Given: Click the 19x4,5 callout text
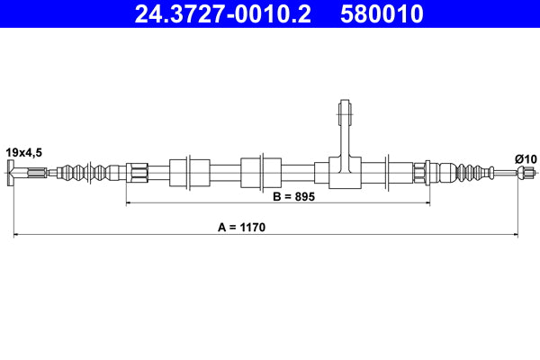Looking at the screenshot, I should (23, 152).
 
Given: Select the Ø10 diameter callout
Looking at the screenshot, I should (525, 159).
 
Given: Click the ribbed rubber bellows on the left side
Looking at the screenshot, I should (90, 172).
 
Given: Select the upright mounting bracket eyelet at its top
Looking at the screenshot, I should (343, 112).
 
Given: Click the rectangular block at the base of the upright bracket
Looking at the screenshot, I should (343, 173).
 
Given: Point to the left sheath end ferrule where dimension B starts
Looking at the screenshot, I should (137, 172).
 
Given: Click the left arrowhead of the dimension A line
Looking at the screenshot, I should (17, 236).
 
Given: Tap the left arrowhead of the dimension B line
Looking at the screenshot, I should (130, 204).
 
